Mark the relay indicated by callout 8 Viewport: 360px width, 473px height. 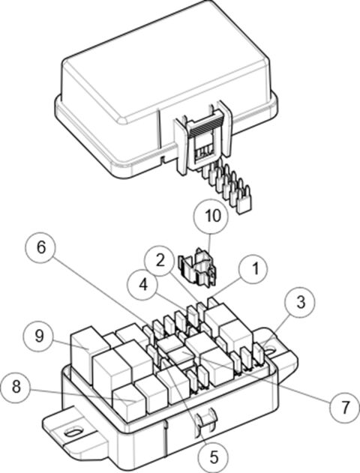click(127, 401)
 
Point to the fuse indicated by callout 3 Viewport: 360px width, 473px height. click(259, 353)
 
